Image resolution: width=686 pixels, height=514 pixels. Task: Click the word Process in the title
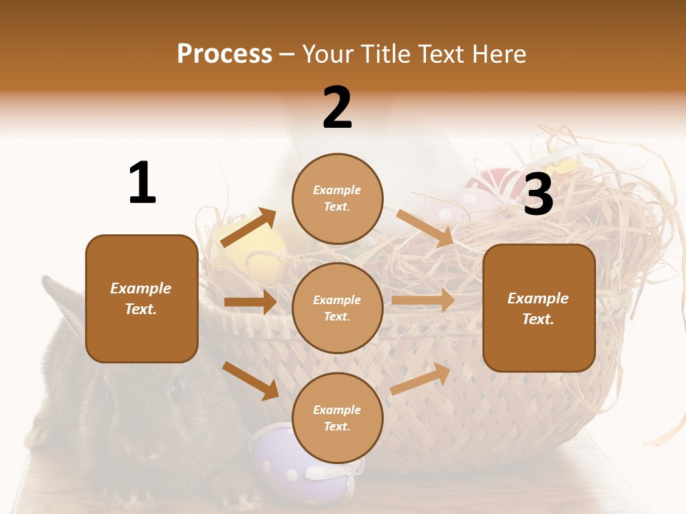coord(224,54)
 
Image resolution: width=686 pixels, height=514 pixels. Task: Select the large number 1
coord(142,183)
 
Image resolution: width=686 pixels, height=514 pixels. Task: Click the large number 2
coord(337,108)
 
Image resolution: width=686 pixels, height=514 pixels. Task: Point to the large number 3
coord(538,195)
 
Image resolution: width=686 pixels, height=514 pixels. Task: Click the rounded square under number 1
coord(141,298)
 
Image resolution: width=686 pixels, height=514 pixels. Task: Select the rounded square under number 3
coord(539,308)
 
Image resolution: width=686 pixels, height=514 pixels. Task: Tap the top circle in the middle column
coord(337,198)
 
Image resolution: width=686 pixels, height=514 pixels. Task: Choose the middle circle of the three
coord(337,308)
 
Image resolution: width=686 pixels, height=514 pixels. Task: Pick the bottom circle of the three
coord(337,418)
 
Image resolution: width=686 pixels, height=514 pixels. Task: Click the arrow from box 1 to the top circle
coord(248,227)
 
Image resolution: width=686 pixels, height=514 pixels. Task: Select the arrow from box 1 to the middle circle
coord(250,302)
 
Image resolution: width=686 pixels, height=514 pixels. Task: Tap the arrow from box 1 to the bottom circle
coord(250,381)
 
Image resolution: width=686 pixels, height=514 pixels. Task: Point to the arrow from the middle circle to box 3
coord(423,300)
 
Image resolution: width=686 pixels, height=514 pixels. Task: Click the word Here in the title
coord(498,54)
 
